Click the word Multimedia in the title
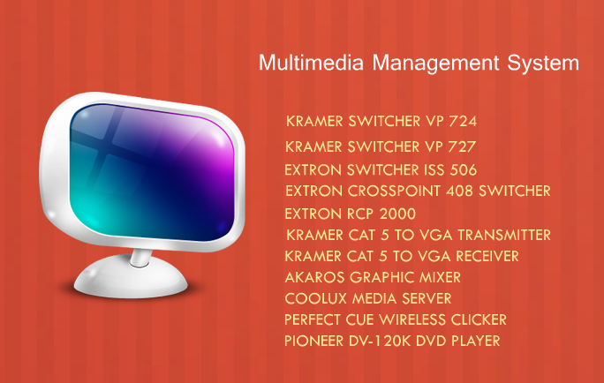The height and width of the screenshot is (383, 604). point(311,63)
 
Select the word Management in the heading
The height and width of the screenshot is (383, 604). point(435,64)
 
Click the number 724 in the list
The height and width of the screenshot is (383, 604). point(463,121)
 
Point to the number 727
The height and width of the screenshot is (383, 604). point(462,146)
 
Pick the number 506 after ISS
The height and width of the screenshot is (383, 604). point(463,170)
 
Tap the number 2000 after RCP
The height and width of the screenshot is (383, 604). point(397,214)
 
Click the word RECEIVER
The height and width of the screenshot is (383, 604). point(487,256)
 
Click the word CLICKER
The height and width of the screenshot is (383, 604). point(479,319)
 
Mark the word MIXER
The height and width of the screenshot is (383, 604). point(440,277)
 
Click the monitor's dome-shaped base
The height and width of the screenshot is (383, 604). point(131,278)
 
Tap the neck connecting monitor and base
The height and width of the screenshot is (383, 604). point(140,257)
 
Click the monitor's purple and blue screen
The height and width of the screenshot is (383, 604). point(152,172)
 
